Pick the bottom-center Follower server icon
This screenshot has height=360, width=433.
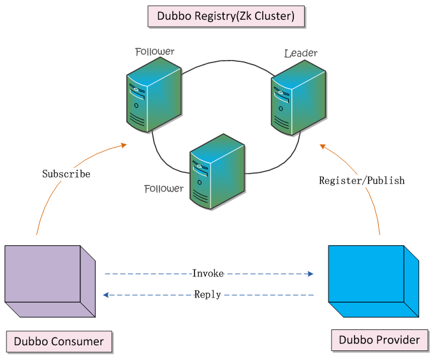click(x=217, y=172)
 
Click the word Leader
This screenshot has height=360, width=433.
click(x=300, y=53)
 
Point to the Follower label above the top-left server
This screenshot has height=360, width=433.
click(x=154, y=51)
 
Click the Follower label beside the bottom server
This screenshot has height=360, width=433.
click(x=163, y=189)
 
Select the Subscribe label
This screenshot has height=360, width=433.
click(x=66, y=174)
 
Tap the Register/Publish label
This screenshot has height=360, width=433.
click(x=362, y=181)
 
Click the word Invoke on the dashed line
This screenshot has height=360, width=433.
click(x=208, y=273)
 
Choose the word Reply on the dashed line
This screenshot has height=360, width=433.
click(x=207, y=294)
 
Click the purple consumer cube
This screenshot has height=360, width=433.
click(x=49, y=281)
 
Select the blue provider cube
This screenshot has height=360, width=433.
click(x=373, y=281)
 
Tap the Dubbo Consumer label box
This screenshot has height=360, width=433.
click(x=59, y=341)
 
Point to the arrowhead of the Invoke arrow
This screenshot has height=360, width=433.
click(x=310, y=274)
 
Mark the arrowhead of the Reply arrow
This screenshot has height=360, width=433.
click(x=106, y=295)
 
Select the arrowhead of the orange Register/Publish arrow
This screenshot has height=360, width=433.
click(x=323, y=146)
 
